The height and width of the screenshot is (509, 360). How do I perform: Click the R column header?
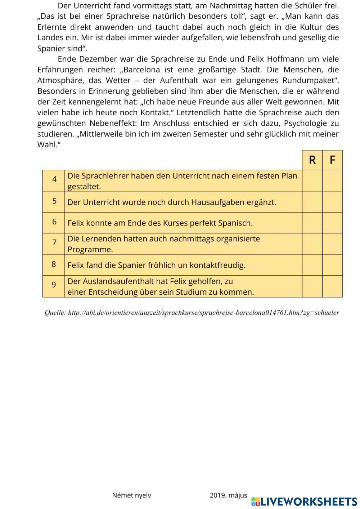tap(312, 160)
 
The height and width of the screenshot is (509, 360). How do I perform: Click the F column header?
tap(332, 160)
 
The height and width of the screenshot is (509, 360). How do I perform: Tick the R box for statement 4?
tap(312, 181)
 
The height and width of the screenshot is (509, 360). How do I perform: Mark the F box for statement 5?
tap(332, 202)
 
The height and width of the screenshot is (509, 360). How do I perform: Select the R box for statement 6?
tap(312, 223)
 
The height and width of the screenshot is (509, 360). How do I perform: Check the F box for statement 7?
tap(332, 244)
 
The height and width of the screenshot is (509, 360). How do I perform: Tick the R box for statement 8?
tap(312, 265)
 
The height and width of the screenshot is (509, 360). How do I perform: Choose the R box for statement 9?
tap(312, 286)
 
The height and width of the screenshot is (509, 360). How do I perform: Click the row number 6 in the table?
tap(54, 222)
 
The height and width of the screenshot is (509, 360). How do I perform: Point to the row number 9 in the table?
tap(54, 285)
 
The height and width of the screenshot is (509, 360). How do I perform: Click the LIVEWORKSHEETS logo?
tap(304, 501)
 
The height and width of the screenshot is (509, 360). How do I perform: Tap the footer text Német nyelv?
tap(132, 495)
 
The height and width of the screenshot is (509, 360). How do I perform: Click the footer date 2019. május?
tap(228, 495)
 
